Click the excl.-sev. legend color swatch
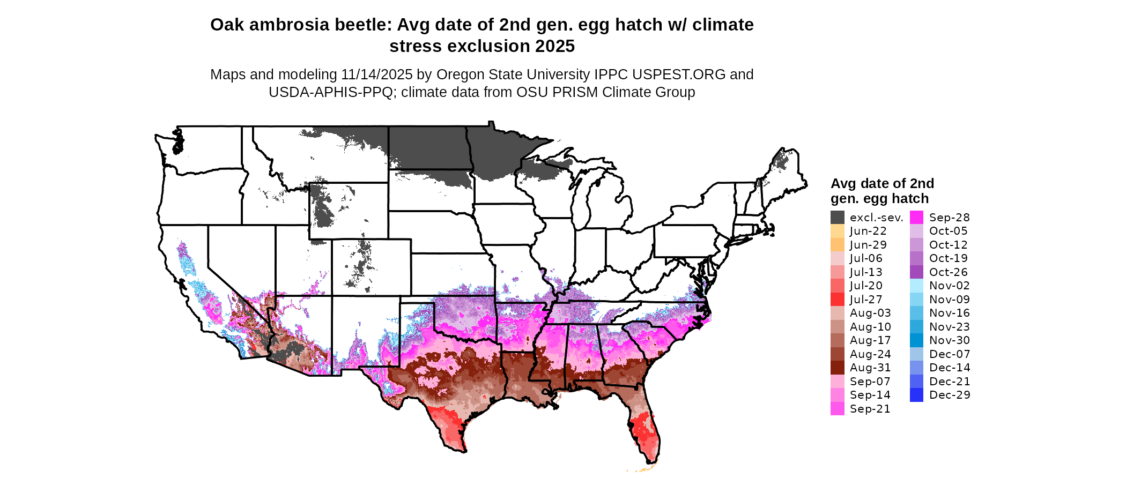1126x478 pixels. (837, 217)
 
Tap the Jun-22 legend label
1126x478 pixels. (868, 231)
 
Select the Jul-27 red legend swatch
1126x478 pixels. (837, 299)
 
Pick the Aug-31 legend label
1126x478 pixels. (870, 368)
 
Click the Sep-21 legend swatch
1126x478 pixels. (837, 408)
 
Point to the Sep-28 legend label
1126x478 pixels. (949, 217)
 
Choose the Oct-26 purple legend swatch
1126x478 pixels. (916, 272)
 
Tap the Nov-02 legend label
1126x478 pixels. (949, 286)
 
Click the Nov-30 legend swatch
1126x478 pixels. (916, 340)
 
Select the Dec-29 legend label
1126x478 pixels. (949, 395)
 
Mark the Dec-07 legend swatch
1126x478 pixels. (916, 354)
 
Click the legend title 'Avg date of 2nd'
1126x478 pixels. (882, 183)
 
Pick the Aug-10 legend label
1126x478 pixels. (870, 326)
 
